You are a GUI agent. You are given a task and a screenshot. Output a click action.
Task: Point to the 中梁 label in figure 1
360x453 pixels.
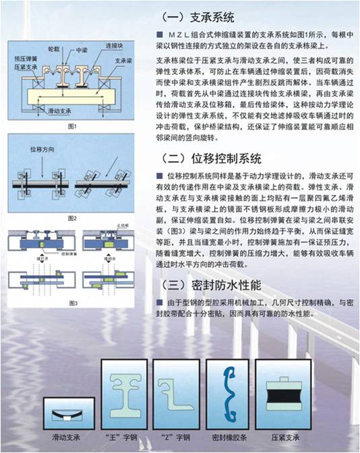pos(82,50)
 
